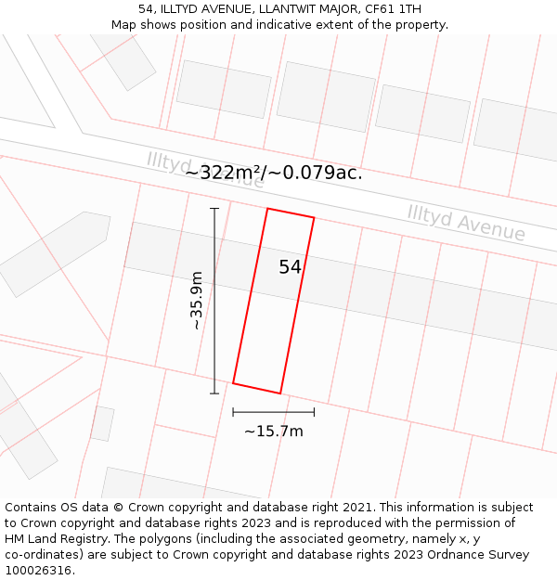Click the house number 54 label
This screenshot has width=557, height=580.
(x=290, y=267)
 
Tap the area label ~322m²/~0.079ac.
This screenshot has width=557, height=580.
(x=273, y=173)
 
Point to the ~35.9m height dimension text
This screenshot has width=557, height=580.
(x=196, y=301)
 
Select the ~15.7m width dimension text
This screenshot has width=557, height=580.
(x=273, y=431)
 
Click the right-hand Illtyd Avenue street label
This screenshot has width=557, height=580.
(x=466, y=223)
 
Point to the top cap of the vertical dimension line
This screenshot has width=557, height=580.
(x=214, y=209)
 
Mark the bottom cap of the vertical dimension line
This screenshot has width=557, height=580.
(x=214, y=393)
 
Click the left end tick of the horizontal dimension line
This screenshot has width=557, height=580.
(x=233, y=411)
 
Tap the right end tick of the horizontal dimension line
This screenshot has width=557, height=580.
(x=314, y=411)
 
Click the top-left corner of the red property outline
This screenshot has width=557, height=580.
(x=267, y=209)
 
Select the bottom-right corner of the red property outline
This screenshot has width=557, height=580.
(x=279, y=393)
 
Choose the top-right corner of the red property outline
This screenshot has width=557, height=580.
(x=314, y=219)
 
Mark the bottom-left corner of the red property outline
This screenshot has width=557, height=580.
(x=233, y=382)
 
